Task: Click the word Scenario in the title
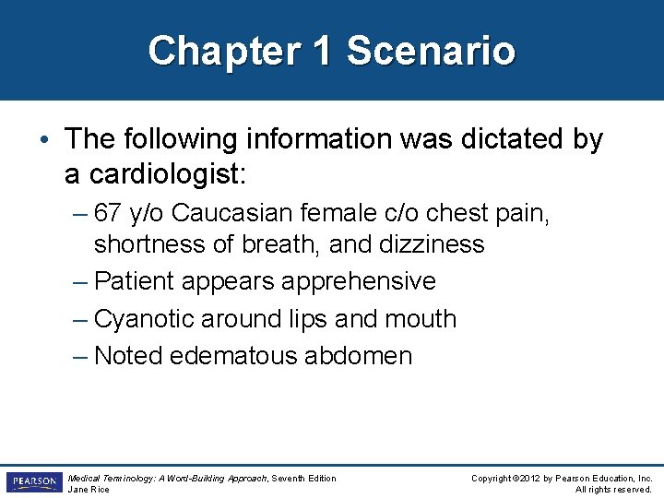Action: click(431, 50)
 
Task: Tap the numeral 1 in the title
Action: click(322, 50)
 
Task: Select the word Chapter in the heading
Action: click(224, 50)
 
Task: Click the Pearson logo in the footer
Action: click(31, 482)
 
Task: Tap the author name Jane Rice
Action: click(89, 489)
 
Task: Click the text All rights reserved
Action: click(613, 489)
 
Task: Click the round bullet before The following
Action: click(45, 141)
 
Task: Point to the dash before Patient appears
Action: click(80, 280)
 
